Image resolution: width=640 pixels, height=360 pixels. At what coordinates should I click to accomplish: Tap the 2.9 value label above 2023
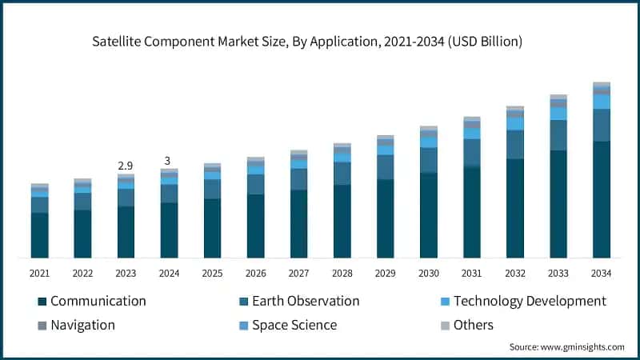126,165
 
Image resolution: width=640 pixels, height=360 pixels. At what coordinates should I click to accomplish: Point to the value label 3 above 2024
169,160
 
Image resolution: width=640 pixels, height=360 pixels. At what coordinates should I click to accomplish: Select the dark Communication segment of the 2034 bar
601,199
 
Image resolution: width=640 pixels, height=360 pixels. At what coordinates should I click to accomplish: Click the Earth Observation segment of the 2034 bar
601,125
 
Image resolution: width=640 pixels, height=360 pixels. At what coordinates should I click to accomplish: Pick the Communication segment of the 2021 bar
39,235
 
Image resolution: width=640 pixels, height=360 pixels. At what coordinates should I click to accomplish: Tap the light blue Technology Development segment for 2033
558,114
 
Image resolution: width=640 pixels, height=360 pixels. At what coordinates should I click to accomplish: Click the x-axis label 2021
39,273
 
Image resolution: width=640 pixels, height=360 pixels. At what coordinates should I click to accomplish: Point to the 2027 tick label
298,273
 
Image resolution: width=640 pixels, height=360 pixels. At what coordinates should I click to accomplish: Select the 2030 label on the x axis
428,273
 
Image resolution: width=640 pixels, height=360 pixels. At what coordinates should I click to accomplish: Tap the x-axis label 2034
601,273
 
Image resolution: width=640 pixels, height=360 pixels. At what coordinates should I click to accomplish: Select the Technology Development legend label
529,302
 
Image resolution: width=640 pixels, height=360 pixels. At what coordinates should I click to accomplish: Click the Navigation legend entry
82,325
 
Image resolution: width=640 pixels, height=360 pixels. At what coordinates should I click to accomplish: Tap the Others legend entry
473,325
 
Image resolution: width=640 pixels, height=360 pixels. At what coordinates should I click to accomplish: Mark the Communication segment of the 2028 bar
342,222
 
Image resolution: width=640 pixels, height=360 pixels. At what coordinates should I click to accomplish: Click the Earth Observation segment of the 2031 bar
471,152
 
